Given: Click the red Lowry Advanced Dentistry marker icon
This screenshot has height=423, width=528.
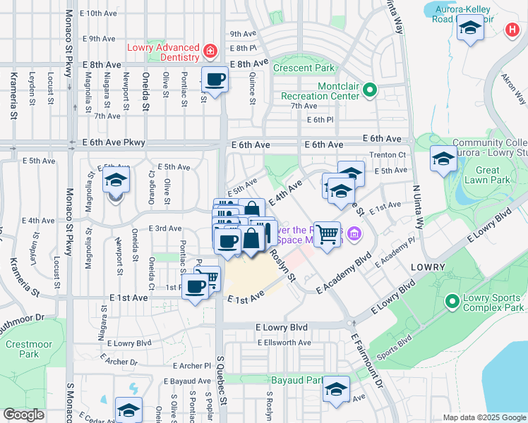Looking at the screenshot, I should [x=209, y=51].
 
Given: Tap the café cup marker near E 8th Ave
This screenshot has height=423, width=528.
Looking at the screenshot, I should [x=215, y=79].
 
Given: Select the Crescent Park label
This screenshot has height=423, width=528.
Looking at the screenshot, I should [x=304, y=68].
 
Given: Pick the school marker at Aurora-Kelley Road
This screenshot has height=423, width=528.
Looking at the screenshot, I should [x=469, y=29].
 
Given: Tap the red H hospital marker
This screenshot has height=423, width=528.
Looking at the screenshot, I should [x=512, y=30].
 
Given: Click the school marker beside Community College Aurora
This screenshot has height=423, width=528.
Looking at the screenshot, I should [x=443, y=159].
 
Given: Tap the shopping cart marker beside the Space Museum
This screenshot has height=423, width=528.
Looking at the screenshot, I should [x=326, y=233].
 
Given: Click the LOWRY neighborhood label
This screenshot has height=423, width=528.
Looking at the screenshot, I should [x=426, y=268].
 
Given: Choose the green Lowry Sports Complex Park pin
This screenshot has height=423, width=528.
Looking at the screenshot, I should [x=451, y=302].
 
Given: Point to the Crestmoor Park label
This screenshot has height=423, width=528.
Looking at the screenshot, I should [x=24, y=349].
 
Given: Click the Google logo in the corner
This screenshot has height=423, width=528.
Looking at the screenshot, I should [x=23, y=415].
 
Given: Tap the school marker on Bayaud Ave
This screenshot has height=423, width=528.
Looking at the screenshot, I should [x=336, y=389].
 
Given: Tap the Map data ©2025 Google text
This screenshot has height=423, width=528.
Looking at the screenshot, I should [x=483, y=417].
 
